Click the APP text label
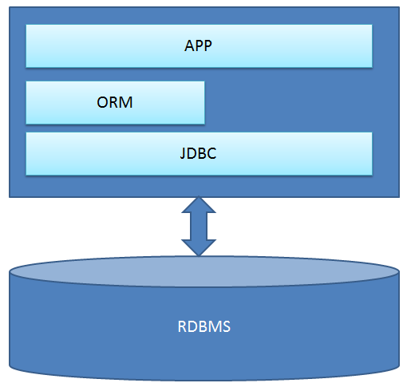(198, 45)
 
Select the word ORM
(115, 102)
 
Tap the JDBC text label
(198, 153)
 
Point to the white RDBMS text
(203, 326)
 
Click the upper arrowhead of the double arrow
(199, 205)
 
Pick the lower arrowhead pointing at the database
(199, 248)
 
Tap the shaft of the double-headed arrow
(199, 227)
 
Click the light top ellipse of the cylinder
(203, 271)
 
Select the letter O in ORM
(103, 102)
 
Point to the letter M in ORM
(126, 102)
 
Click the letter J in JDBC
(183, 154)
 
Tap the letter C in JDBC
(211, 153)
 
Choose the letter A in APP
(190, 45)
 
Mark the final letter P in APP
(208, 45)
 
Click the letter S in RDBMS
(227, 326)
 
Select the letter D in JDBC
(192, 153)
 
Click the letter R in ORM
(115, 102)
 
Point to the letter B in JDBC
(202, 153)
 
